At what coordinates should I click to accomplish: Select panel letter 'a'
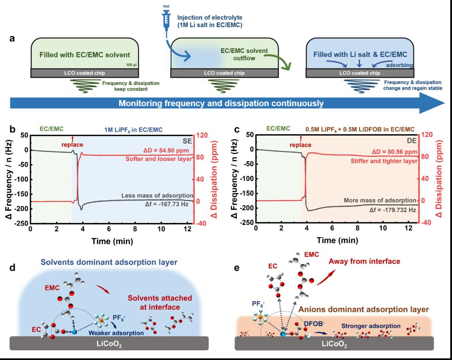[x=13, y=38]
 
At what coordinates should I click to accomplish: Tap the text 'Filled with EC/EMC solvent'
[x=84, y=55]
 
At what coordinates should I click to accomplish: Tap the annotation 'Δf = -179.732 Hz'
[x=392, y=210]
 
